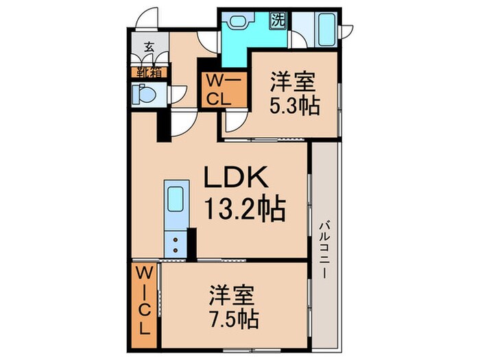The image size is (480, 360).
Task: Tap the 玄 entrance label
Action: click(x=148, y=48)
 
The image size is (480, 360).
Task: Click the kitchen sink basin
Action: click(x=174, y=200)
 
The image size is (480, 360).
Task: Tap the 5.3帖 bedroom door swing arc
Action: click(x=235, y=123)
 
